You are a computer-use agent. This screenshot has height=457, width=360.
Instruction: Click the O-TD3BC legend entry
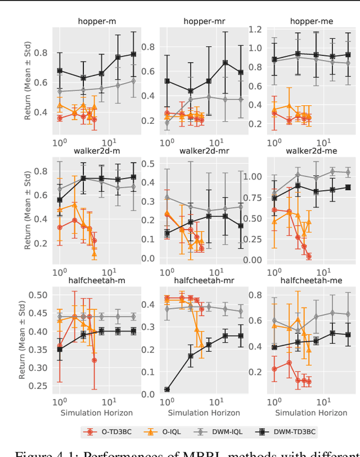click(x=106, y=432)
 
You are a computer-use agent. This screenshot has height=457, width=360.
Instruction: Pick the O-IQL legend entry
click(x=160, y=432)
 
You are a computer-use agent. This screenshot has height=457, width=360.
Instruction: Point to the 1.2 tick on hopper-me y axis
click(x=255, y=30)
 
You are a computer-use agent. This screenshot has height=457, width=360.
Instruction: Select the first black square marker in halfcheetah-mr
click(x=167, y=389)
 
